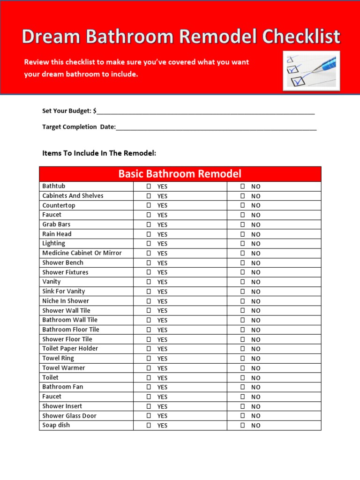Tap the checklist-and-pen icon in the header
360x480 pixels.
(x=311, y=71)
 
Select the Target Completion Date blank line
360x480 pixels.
(x=216, y=127)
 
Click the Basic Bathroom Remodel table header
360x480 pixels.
(x=180, y=174)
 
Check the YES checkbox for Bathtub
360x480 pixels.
(x=149, y=186)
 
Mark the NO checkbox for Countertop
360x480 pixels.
(x=243, y=205)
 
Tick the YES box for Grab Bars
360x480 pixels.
(x=149, y=225)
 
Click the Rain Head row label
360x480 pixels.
(x=57, y=234)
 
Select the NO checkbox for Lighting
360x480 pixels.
(x=243, y=244)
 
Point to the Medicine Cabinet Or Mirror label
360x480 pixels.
(x=82, y=253)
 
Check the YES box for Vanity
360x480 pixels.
(x=149, y=282)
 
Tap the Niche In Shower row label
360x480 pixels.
(x=65, y=301)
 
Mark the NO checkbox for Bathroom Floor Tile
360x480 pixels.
(x=243, y=330)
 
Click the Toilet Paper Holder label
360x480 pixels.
(x=70, y=349)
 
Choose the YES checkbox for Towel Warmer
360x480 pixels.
(x=149, y=368)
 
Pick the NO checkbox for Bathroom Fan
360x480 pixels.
(x=243, y=387)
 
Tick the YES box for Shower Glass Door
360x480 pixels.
(x=149, y=416)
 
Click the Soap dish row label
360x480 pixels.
(x=56, y=425)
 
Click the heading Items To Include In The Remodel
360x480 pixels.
(x=99, y=153)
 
